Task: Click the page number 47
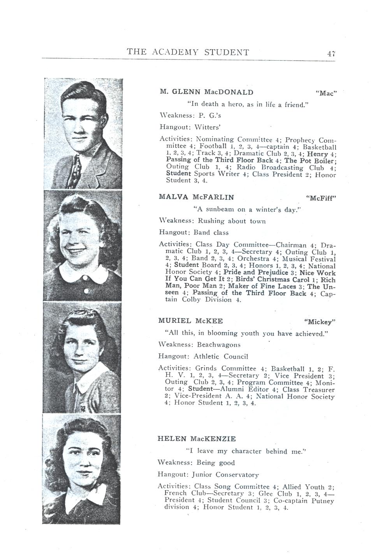coord(331,53)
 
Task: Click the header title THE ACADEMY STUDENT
coord(188,52)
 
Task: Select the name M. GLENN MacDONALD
coord(206,92)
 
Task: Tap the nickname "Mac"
coord(325,93)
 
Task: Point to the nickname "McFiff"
coord(321,197)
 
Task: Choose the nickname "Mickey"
coord(319,322)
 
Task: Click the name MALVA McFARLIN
coord(197,197)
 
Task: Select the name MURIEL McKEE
coord(190,321)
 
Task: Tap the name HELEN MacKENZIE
coord(197,439)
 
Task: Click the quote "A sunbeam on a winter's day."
coord(248,209)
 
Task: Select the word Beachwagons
coord(218,345)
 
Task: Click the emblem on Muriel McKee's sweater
coord(82,409)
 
